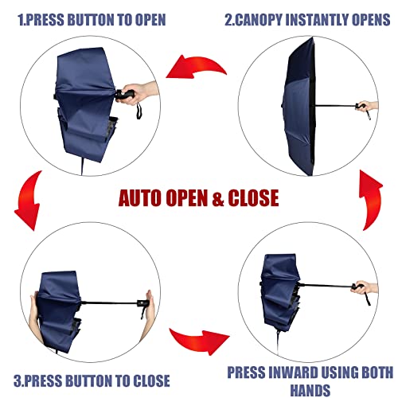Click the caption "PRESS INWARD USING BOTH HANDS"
coord(310,379)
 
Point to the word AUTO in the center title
coord(146,197)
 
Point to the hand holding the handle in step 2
coord(365,106)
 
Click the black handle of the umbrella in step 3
coord(143,303)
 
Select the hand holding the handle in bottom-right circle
coord(363,286)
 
